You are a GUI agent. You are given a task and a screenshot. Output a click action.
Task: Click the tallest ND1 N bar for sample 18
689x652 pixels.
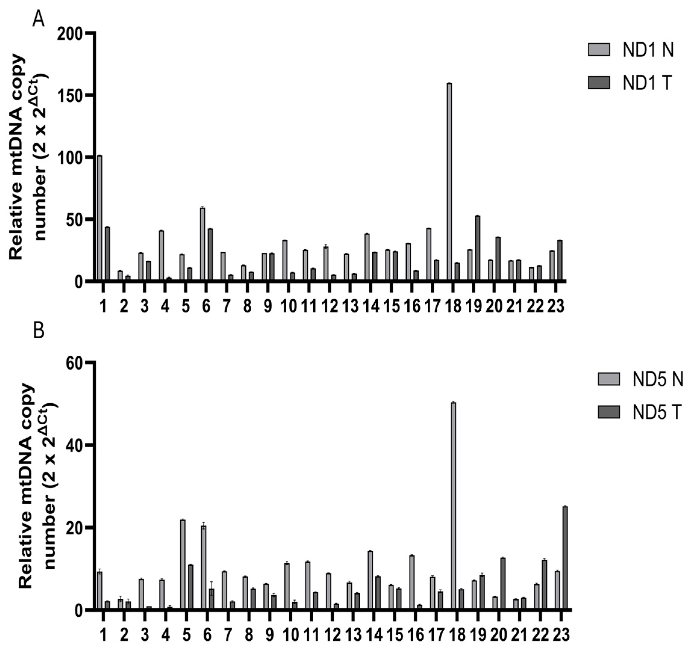[x=449, y=181]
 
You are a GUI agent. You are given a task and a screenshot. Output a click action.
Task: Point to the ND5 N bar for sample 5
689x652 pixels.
[x=183, y=564]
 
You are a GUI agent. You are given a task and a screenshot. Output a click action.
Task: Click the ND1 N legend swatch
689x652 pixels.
[x=599, y=50]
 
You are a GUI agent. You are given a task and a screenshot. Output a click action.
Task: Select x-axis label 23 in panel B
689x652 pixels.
[x=560, y=636]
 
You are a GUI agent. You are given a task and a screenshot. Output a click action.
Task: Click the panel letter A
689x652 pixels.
[x=38, y=20]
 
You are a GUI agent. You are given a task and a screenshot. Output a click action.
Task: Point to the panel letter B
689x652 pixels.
[x=38, y=331]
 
